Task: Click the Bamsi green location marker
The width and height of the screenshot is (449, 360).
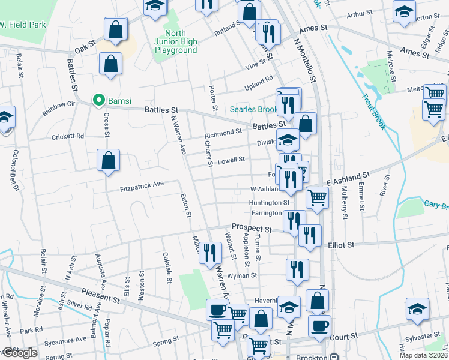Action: click(97, 100)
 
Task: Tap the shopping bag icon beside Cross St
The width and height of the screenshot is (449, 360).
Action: click(108, 160)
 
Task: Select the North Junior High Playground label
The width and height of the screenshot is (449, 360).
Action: click(172, 41)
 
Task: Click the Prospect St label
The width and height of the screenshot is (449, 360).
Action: click(252, 227)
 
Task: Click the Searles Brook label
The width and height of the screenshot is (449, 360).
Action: click(255, 110)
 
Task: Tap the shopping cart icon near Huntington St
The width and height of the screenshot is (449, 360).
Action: click(317, 196)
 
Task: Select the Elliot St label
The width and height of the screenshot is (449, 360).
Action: click(341, 245)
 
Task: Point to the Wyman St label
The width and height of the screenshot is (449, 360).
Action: click(242, 275)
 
